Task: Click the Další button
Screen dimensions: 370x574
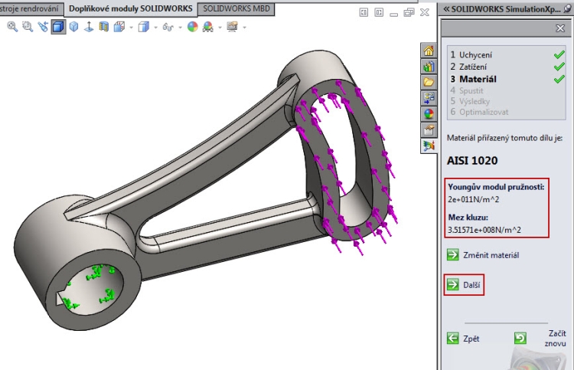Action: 464,284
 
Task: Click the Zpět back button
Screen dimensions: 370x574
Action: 464,338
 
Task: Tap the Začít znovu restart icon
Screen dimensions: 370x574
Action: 520,338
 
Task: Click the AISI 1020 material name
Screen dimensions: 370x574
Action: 472,161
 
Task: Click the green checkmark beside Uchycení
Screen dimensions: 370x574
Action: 559,54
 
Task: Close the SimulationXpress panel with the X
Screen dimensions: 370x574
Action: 559,28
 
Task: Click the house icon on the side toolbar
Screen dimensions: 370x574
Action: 429,51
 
